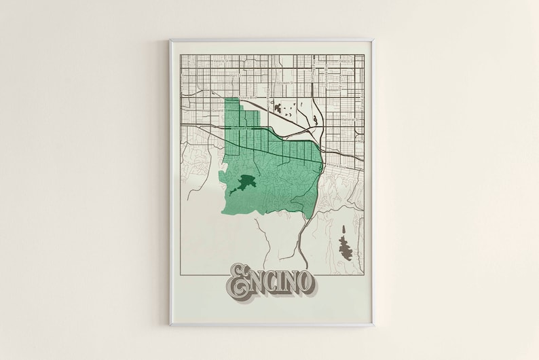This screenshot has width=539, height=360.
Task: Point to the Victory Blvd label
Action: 249,98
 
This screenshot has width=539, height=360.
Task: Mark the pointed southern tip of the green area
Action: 310,217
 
